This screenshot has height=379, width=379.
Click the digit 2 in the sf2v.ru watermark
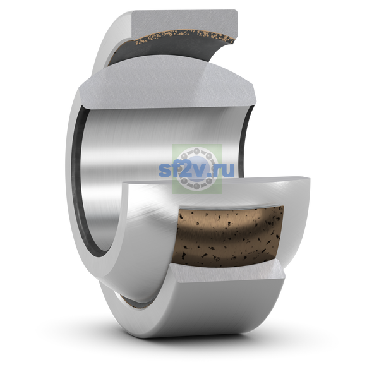click(183, 170)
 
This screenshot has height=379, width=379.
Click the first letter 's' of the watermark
click(164, 170)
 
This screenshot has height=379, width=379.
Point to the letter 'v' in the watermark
click(197, 170)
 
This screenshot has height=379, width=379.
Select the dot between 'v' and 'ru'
click(210, 174)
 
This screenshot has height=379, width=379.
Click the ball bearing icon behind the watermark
click(196, 169)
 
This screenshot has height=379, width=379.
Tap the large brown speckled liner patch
click(230, 236)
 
